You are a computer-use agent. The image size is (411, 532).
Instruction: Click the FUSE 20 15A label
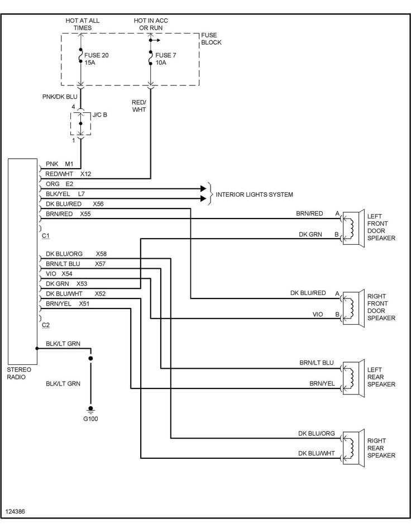(97, 59)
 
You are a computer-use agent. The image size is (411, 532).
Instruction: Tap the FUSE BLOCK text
(211, 39)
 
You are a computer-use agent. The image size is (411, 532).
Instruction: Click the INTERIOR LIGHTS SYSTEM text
(254, 194)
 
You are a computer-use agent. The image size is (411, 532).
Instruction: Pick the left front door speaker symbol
(353, 227)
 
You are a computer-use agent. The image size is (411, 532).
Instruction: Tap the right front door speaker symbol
(353, 307)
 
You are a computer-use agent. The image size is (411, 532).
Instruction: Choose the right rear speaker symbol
(353, 448)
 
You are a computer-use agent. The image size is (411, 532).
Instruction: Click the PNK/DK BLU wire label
(60, 97)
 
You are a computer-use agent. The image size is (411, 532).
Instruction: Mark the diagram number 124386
(15, 511)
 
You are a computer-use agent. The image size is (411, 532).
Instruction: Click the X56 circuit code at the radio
(98, 204)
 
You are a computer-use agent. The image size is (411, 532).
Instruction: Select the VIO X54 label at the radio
(59, 274)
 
